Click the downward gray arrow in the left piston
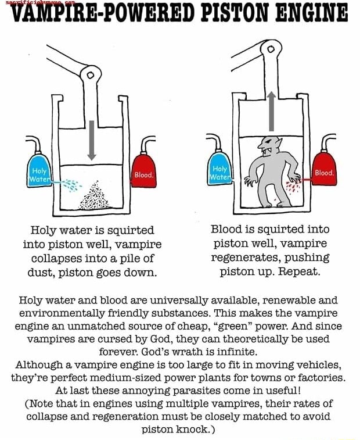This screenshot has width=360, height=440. tap(91, 140)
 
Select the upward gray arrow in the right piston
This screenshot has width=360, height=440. tap(271, 110)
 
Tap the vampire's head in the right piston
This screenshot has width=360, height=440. tap(269, 148)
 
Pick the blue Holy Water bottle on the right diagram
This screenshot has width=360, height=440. tap(219, 170)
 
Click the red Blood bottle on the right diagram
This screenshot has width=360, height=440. tap(324, 170)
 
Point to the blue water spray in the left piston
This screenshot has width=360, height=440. tap(71, 185)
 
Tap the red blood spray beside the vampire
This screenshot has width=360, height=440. tap(294, 185)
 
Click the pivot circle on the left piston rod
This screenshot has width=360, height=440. tap(90, 75)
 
